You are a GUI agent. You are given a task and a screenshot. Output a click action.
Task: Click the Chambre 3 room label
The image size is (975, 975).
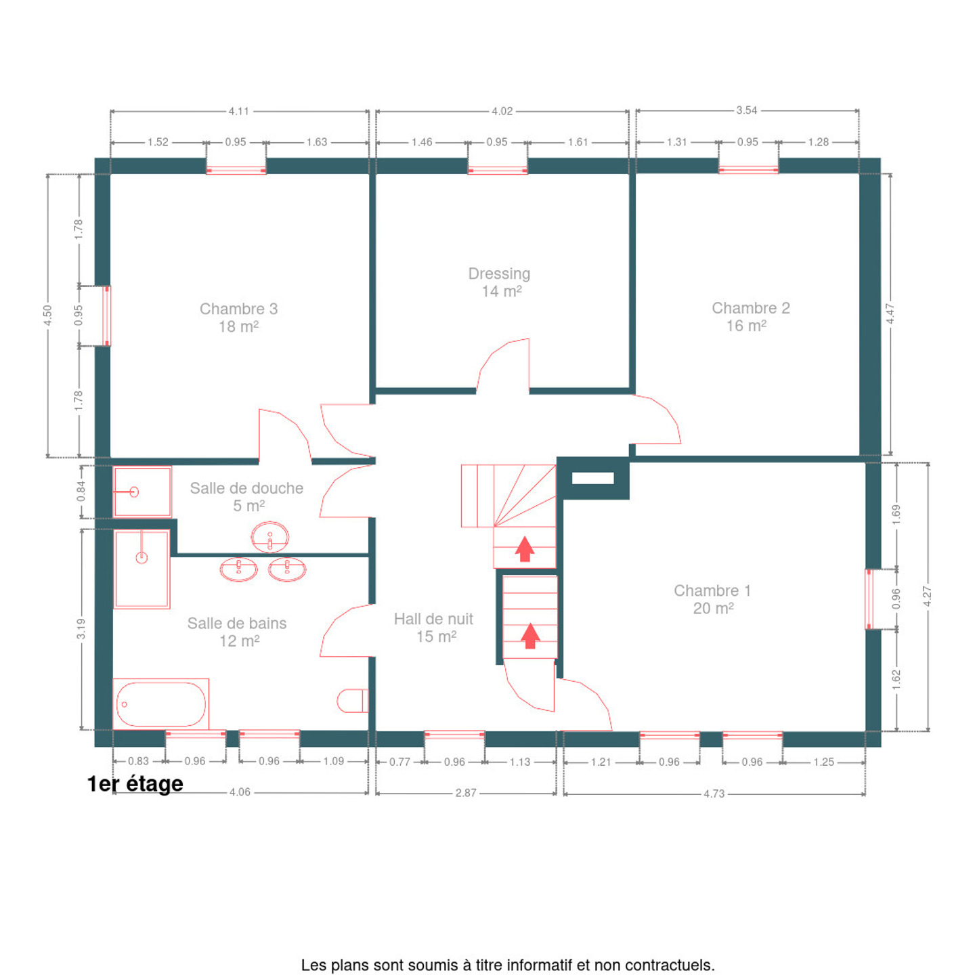point(239,318)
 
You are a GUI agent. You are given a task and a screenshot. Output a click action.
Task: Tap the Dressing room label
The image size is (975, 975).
point(500,282)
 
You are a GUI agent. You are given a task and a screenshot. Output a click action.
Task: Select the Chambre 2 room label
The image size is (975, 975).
point(751,317)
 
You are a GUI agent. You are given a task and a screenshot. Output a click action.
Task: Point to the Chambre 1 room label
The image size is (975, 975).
point(712,599)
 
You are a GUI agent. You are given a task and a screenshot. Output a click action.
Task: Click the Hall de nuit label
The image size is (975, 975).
point(433,628)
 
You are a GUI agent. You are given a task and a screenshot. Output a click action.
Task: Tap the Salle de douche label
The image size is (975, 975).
point(247,496)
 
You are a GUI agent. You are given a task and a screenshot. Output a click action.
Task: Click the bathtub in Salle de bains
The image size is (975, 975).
point(161,703)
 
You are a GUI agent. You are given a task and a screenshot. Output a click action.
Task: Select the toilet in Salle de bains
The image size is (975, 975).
point(353,700)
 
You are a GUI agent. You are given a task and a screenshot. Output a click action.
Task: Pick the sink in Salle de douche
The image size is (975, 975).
point(270,537)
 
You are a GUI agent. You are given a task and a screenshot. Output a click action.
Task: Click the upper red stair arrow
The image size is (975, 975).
point(525,549)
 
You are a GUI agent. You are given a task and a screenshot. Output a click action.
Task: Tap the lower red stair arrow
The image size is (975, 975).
point(530,636)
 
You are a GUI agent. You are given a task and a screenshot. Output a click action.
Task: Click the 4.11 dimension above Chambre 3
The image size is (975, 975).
point(239,111)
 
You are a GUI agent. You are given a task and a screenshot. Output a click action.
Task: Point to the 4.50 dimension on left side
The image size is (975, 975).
point(47,316)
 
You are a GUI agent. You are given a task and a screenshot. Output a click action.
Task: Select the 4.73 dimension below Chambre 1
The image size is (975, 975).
point(714,794)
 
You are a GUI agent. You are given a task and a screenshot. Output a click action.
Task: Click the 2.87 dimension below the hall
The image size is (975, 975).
point(465,793)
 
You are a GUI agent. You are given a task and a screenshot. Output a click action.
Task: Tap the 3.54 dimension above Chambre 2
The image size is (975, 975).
point(747,110)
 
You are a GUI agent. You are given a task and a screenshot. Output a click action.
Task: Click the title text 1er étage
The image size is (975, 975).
point(135,784)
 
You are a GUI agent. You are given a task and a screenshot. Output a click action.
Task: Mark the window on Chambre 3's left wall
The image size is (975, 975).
point(107,316)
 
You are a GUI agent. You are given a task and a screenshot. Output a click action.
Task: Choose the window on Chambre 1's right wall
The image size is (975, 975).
point(869,600)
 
